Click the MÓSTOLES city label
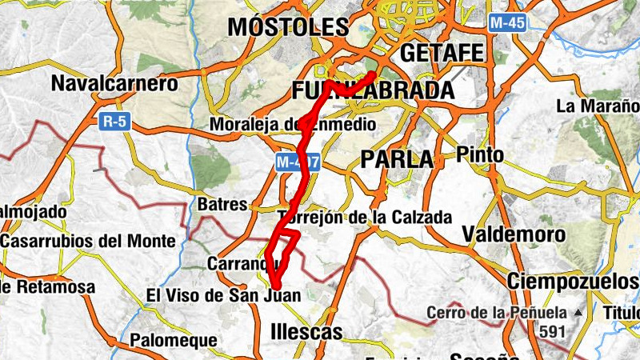click(288, 26)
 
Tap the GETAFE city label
click(442, 54)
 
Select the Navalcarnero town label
click(114, 83)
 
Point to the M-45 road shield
click(507, 23)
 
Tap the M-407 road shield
click(298, 162)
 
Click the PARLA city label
click(397, 159)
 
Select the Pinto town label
click(480, 154)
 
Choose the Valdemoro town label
click(514, 234)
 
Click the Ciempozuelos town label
click(573, 282)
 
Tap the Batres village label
click(222, 205)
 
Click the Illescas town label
click(306, 331)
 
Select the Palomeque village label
click(174, 340)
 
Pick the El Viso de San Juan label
click(222, 295)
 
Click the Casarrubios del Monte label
click(88, 241)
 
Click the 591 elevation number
click(552, 331)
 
